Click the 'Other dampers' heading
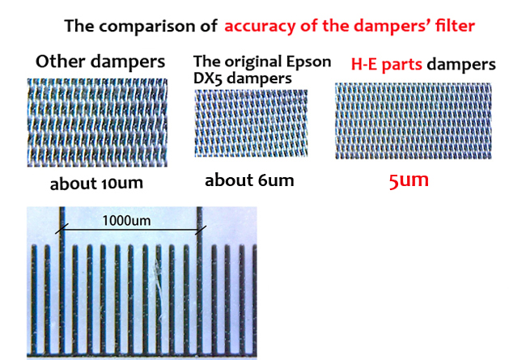click(x=101, y=61)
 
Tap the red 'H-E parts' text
click(x=387, y=63)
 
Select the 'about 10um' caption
click(x=96, y=183)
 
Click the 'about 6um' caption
click(x=249, y=180)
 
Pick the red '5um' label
click(x=409, y=180)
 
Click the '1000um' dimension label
click(x=126, y=220)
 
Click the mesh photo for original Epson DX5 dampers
click(x=251, y=123)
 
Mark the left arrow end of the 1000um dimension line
click(x=60, y=231)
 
